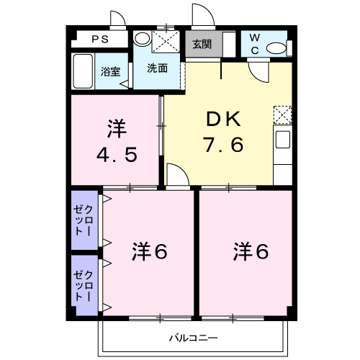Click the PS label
(100, 39)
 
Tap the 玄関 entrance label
(202, 44)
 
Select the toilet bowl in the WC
(276, 48)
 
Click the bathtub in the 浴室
(83, 71)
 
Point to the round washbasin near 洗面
(142, 38)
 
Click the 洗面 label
(157, 68)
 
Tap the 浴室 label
(110, 71)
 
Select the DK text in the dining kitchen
(223, 120)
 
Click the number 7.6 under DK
(223, 145)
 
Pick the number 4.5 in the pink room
(117, 155)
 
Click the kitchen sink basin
(283, 139)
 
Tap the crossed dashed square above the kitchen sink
(282, 115)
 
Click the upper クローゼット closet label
(83, 220)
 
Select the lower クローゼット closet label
(83, 286)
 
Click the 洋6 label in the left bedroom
(150, 251)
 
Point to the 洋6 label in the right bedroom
(251, 251)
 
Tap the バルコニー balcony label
(194, 338)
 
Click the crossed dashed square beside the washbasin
(166, 41)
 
